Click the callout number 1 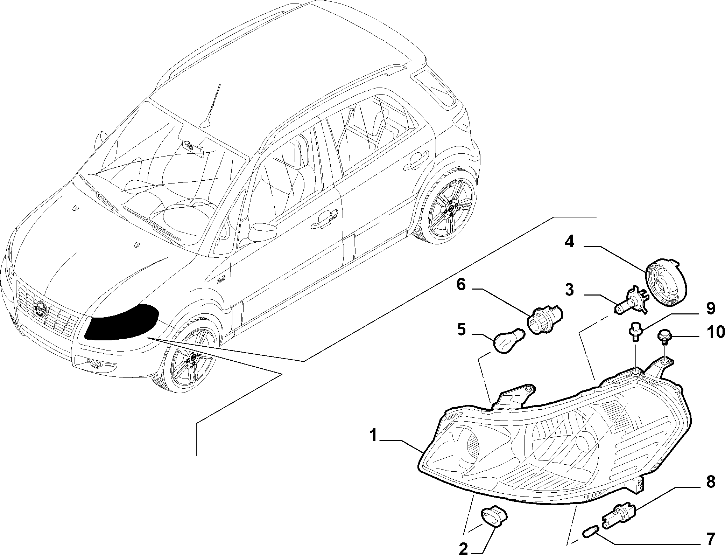(x=374, y=436)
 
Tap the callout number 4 (x=569, y=242)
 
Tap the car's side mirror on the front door (x=263, y=231)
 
